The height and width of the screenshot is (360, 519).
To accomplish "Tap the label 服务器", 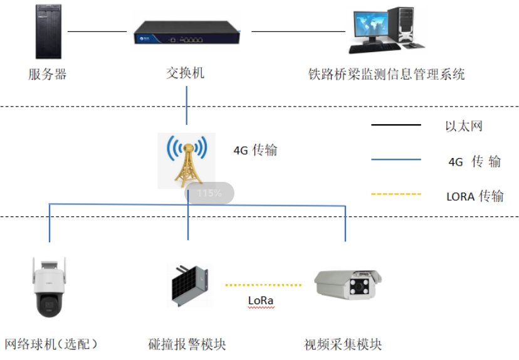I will point(48,75).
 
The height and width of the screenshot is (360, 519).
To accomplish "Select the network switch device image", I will point(187,32).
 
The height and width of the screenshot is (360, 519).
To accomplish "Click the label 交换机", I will point(185,73).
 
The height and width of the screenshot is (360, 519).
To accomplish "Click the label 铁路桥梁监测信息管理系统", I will point(386,75).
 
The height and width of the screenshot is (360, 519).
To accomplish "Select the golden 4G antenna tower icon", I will point(187,161).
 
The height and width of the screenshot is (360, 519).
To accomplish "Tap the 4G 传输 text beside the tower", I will point(255,151).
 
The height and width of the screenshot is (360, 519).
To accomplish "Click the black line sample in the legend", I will point(396,125).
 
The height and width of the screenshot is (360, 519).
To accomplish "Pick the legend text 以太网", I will point(464,126).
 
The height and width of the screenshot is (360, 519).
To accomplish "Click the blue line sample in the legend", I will point(396,160).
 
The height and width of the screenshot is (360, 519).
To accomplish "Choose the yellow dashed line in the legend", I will point(396,194).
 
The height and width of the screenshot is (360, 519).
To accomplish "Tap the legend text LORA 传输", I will point(474,196).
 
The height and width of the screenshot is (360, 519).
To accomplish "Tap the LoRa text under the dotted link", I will point(261,300).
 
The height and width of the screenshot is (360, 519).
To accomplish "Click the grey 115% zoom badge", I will point(209,193).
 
